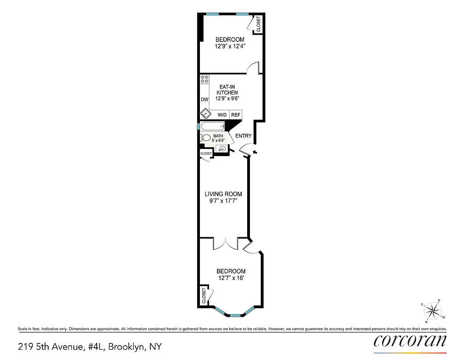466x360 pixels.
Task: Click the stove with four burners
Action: pos(204,80)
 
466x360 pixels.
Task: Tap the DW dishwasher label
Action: pos(204,99)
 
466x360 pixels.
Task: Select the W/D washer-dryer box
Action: pos(222,115)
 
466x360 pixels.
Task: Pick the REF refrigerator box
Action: pos(236,115)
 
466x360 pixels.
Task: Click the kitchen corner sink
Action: pos(205,114)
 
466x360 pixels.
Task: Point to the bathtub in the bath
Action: pos(213,126)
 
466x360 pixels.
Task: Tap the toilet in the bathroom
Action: pos(205,138)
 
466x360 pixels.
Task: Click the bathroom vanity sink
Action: pos(222,148)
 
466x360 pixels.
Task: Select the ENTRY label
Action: pos(243,136)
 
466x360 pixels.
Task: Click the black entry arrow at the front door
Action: pos(255,153)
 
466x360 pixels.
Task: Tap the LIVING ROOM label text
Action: pos(223,194)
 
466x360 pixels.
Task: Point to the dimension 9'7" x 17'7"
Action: pos(223,201)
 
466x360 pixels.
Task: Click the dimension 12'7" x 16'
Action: pos(231,279)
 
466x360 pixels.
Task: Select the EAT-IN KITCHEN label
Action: pos(227,89)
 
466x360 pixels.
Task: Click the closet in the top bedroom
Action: pos(258,24)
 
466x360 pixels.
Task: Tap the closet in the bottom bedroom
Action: pos(204,296)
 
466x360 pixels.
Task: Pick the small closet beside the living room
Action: pos(206,153)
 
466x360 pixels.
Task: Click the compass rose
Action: pos(433,311)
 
